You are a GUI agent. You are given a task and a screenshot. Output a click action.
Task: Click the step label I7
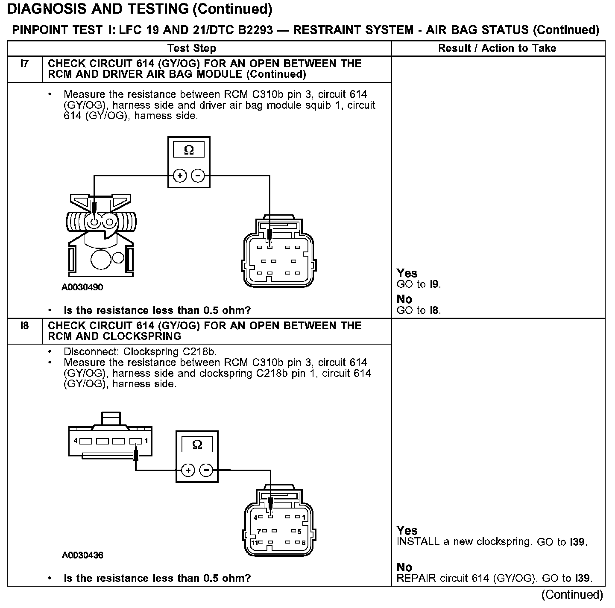click(x=24, y=64)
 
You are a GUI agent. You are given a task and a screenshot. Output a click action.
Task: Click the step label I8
click(x=24, y=326)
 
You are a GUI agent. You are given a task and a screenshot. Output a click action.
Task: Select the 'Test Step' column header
click(x=192, y=48)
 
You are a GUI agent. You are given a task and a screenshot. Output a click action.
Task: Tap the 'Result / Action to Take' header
click(x=497, y=48)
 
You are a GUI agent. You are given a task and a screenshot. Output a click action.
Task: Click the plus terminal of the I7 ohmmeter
click(x=180, y=175)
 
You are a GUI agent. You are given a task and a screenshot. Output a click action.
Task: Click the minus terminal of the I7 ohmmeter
click(x=197, y=175)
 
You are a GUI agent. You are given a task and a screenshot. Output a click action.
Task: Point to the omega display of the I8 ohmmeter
click(x=197, y=444)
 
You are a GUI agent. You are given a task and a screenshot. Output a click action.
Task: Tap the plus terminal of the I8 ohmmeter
click(x=188, y=471)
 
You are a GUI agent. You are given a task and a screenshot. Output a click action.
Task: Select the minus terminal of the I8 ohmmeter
click(x=206, y=471)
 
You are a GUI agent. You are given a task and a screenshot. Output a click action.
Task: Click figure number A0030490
click(x=82, y=287)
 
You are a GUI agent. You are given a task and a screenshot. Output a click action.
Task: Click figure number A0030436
click(x=82, y=555)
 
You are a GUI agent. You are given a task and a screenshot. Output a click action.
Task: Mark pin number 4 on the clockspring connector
click(x=76, y=441)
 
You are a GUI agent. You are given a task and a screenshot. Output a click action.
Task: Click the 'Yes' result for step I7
click(x=407, y=273)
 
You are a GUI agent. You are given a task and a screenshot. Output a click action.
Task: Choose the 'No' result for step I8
click(x=404, y=567)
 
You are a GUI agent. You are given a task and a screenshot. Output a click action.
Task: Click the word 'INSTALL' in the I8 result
click(x=418, y=542)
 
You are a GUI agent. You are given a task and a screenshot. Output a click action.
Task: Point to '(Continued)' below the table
click(x=572, y=594)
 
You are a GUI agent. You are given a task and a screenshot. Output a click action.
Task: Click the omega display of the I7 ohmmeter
click(x=188, y=150)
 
